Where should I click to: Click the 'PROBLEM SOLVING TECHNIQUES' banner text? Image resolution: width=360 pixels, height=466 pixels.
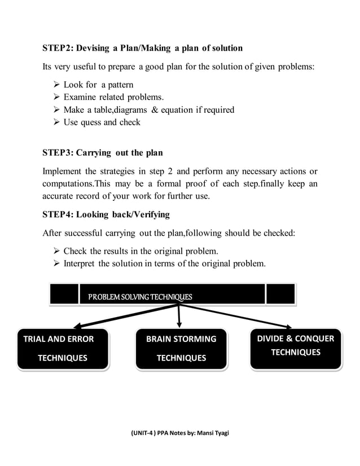(x=140, y=297)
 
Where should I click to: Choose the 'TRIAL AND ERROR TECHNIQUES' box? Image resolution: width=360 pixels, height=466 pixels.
(x=63, y=349)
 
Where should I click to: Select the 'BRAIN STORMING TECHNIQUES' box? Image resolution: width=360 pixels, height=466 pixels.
(x=181, y=349)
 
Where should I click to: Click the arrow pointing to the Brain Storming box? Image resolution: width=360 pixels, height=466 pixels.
(x=179, y=316)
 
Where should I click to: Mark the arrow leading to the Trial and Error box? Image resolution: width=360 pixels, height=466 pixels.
(x=124, y=316)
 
